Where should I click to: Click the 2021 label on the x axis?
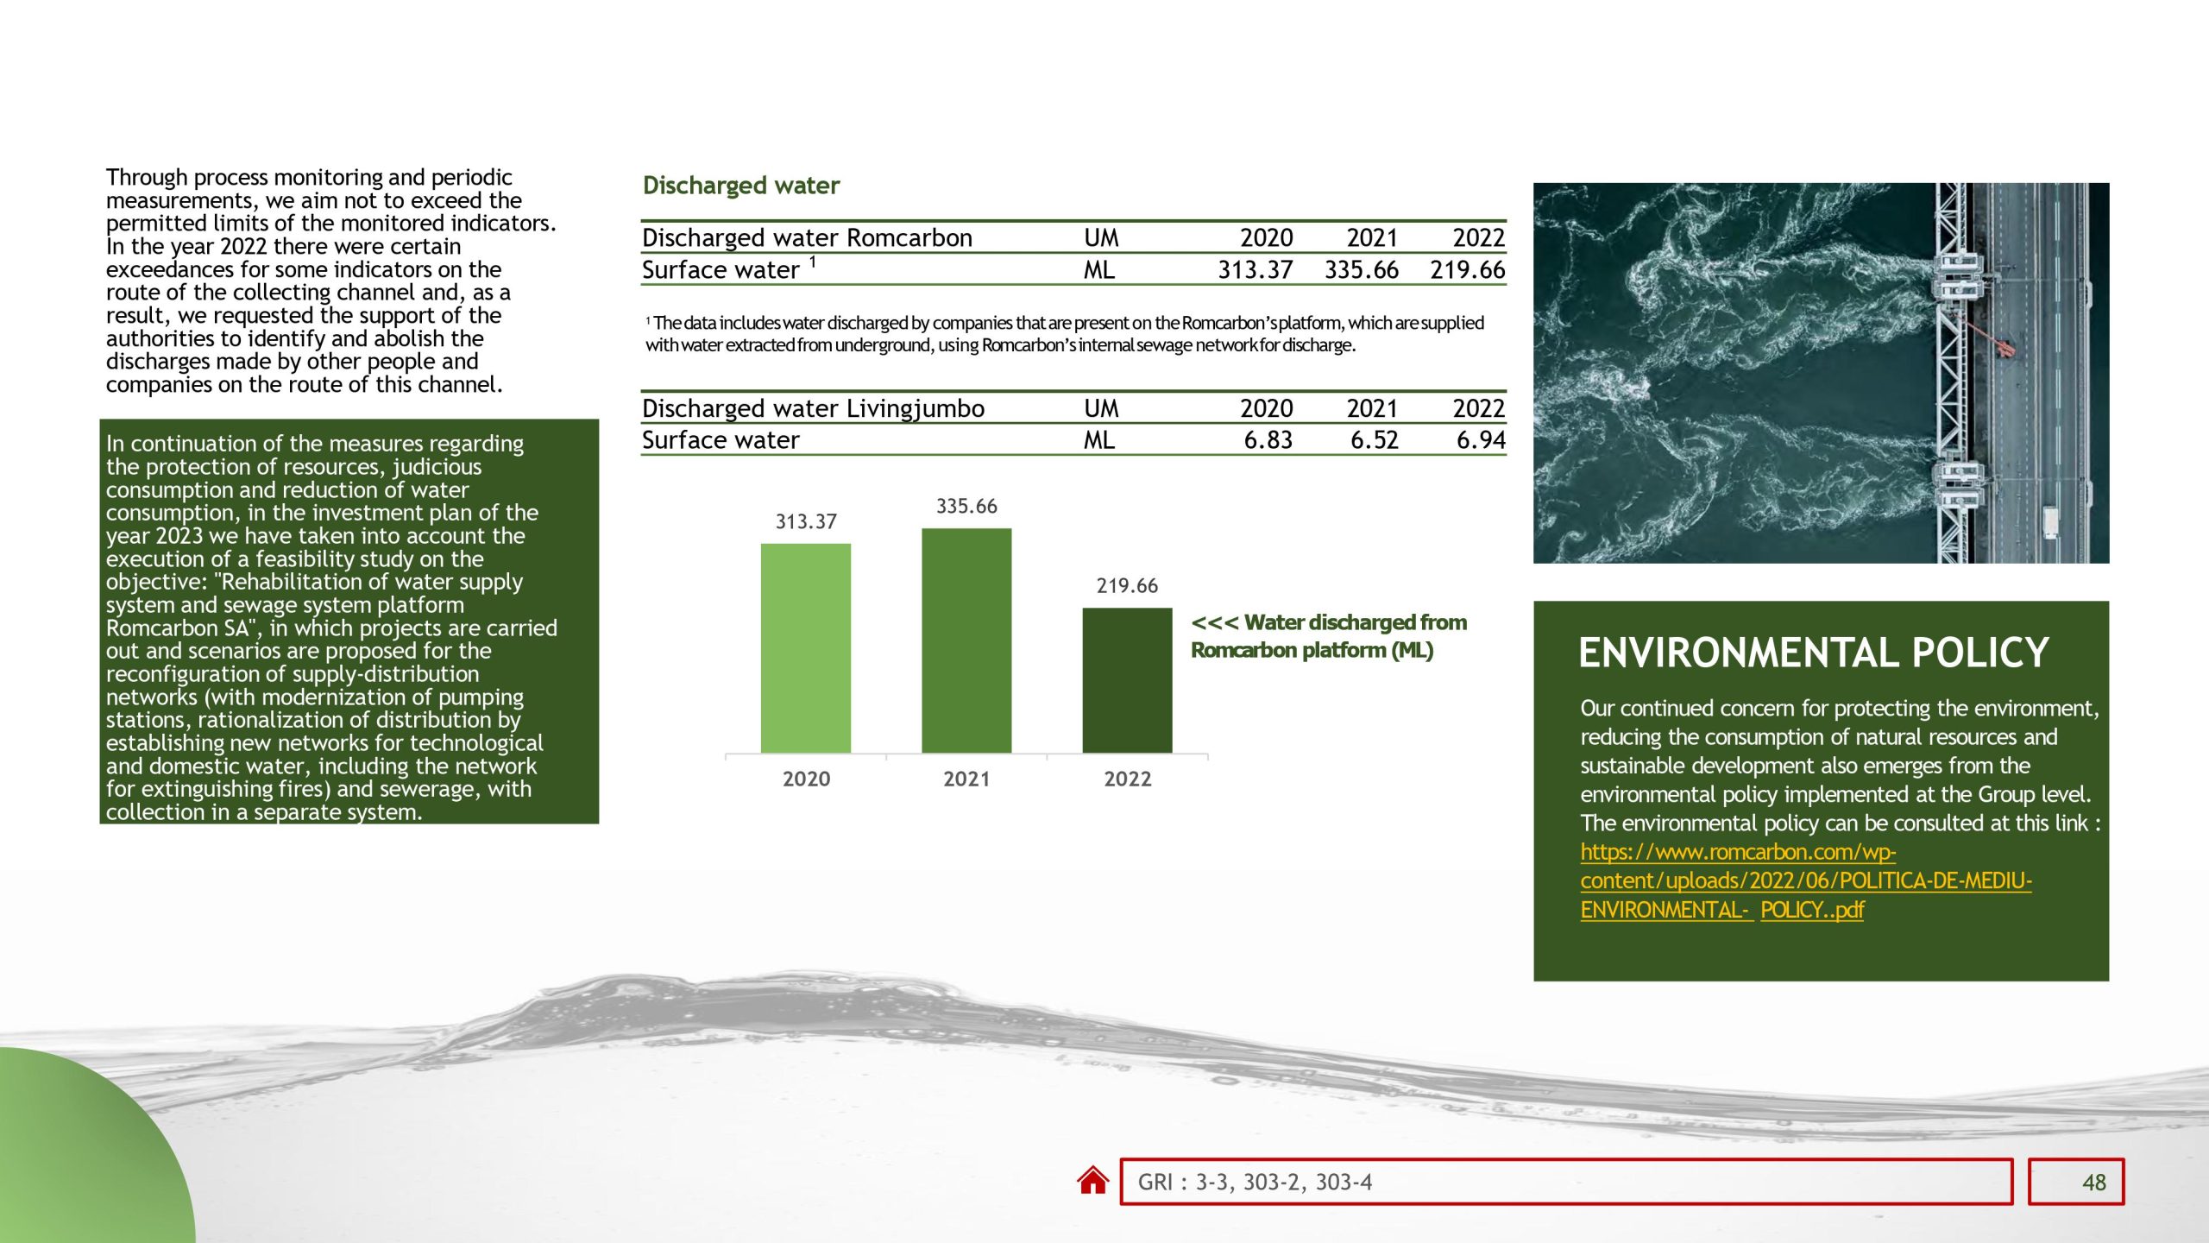pos(966,779)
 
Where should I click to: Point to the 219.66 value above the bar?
pos(1127,586)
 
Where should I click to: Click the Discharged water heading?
pos(740,186)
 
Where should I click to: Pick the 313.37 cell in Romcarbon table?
pos(1255,270)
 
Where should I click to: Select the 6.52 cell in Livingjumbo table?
pos(1374,440)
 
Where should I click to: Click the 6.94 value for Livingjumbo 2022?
pos(1481,440)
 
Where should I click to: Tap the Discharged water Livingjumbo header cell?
pos(813,408)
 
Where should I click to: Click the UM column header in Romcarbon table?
pos(1101,237)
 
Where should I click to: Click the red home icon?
pos(1092,1180)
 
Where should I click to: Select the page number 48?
pos(2093,1183)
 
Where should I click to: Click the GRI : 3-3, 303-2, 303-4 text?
pos(1255,1183)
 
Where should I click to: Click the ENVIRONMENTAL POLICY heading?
pos(1813,653)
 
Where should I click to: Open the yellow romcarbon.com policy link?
pos(1805,880)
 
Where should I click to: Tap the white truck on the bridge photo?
pos(2049,522)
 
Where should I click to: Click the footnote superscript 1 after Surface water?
pos(812,261)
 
